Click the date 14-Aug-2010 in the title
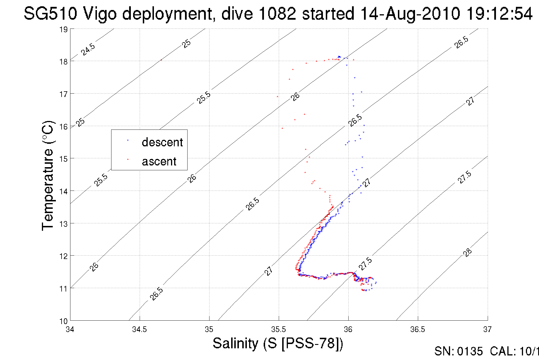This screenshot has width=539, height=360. pyautogui.click(x=410, y=14)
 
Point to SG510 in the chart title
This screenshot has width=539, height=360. pyautogui.click(x=50, y=14)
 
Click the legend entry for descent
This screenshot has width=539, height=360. pyautogui.click(x=162, y=142)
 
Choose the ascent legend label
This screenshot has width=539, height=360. pyautogui.click(x=159, y=161)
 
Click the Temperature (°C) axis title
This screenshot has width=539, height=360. pyautogui.click(x=48, y=175)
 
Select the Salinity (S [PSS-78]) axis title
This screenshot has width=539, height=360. pyautogui.click(x=278, y=343)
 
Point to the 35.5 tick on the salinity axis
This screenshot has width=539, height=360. pyautogui.click(x=278, y=329)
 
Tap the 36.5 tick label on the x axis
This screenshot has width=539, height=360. pyautogui.click(x=418, y=329)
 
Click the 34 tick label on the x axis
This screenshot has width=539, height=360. pyautogui.click(x=70, y=329)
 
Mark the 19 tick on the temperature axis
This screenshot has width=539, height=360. pyautogui.click(x=63, y=30)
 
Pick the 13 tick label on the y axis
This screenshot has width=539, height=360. pyautogui.click(x=63, y=224)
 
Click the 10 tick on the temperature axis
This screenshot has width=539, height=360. pyautogui.click(x=63, y=321)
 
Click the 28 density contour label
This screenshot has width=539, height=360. pyautogui.click(x=467, y=252)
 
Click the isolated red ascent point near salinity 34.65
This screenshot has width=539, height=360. pyautogui.click(x=161, y=60)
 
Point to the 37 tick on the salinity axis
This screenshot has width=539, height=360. pyautogui.click(x=487, y=329)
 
